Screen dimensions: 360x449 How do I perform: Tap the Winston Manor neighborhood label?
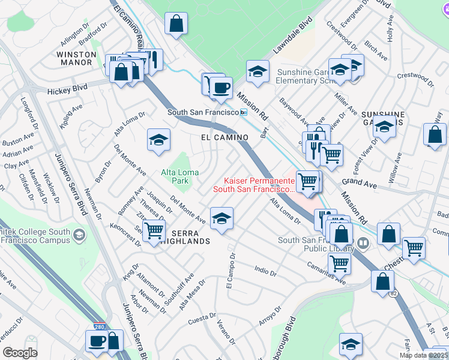pos(76,58)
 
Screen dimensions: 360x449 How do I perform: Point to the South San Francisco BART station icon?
pos(244,113)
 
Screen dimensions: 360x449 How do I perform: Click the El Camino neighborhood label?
pos(224,137)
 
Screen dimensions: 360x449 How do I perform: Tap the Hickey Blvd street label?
pos(68,89)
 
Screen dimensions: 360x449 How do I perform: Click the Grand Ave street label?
pos(358,184)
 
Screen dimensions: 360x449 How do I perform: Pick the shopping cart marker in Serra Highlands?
pos(154,230)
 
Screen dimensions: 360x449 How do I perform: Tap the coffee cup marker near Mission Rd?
pos(221,88)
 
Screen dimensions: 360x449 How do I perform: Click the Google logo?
pos(20,353)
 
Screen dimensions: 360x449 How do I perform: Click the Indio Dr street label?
pos(265,272)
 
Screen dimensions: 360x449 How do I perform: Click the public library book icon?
pos(363,244)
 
